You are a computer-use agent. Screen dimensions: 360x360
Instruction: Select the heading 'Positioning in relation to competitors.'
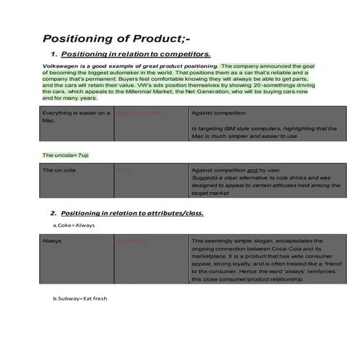[136, 54]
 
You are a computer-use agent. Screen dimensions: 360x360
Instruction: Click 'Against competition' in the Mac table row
[219, 113]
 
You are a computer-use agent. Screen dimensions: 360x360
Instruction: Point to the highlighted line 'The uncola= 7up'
[65, 155]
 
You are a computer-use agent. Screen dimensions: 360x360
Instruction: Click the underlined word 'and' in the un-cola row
[253, 169]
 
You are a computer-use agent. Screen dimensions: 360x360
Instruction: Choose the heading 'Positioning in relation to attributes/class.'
[132, 213]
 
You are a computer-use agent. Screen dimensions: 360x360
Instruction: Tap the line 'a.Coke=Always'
[73, 225]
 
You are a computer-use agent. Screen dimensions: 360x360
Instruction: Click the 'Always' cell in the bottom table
[52, 240]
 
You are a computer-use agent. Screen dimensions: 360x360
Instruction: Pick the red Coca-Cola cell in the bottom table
[132, 240]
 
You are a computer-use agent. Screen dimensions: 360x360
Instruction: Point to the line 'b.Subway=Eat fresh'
[80, 298]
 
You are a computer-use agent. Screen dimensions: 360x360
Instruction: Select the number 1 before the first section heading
[54, 55]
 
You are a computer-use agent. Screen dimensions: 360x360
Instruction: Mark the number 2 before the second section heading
[54, 213]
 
